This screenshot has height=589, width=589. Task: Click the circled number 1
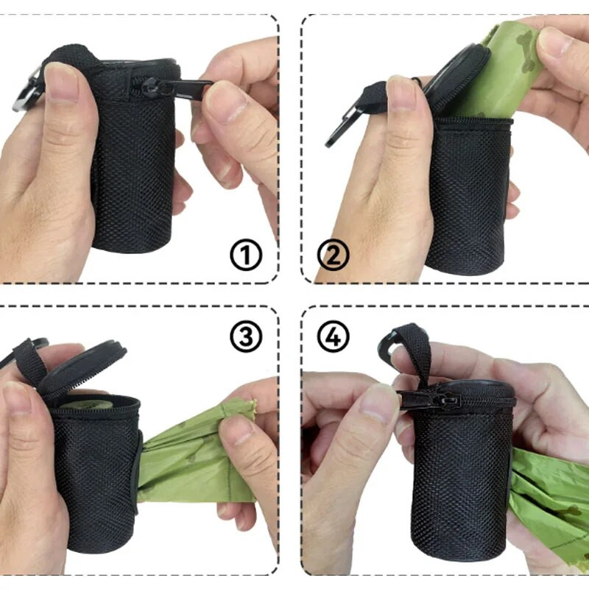coord(247,256)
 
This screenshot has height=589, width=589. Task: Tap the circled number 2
coord(332,256)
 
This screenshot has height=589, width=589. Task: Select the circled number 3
coord(246,336)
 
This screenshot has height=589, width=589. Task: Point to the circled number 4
coord(333,337)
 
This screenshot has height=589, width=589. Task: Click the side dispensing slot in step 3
coord(137,471)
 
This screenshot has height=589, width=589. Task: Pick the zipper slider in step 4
coord(428,399)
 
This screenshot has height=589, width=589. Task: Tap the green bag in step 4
coord(552,501)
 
